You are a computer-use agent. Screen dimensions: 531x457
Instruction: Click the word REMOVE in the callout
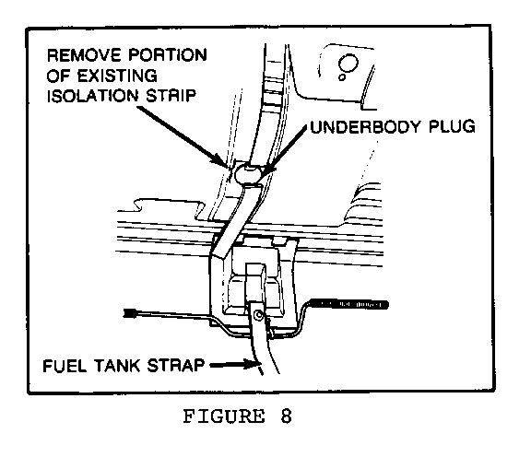pos(84,55)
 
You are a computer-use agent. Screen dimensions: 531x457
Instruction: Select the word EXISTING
pos(117,76)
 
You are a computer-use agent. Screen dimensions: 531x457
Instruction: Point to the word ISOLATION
pos(92,96)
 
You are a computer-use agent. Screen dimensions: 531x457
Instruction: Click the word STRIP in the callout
pos(171,96)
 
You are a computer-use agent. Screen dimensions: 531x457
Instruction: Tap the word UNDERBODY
pos(365,126)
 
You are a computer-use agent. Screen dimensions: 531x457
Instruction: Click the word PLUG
pos(452,126)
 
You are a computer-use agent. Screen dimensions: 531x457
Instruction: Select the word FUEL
pos(65,366)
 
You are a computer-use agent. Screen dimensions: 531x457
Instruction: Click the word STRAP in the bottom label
pos(176,366)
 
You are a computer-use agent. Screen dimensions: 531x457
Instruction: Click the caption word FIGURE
pos(224,416)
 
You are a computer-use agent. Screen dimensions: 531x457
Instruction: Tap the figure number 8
pos(286,416)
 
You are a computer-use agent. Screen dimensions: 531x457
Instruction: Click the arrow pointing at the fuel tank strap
pos(232,365)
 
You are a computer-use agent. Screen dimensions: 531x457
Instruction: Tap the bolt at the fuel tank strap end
pos(259,315)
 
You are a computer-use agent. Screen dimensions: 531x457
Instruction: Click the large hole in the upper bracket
pos(348,64)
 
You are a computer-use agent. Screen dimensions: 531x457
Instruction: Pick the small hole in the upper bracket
pos(342,77)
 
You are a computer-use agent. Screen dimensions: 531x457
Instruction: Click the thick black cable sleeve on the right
pos(349,304)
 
